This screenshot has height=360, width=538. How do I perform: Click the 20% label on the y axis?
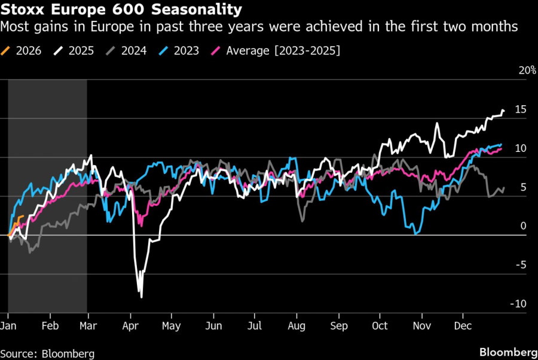527,70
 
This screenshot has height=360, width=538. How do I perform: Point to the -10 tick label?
518,304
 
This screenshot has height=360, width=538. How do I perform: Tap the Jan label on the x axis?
8,326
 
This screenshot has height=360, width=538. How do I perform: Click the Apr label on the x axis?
130,326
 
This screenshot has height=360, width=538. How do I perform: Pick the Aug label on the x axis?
296,326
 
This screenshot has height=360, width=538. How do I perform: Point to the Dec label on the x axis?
463,326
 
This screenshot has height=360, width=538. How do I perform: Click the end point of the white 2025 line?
504,111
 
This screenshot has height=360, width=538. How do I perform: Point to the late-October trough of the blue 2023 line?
415,233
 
